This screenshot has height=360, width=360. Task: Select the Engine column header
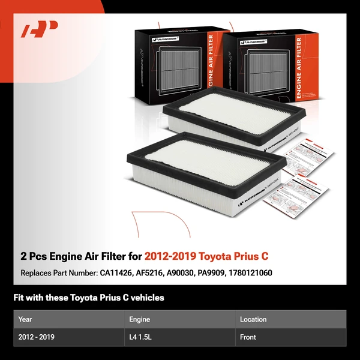point(139,319)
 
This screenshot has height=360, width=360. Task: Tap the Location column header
point(253,319)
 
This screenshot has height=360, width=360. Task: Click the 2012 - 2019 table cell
point(37,337)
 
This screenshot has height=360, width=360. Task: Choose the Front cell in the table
point(248,337)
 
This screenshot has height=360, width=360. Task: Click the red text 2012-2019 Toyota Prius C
point(206,256)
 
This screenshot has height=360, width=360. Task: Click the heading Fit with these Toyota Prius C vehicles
point(89,298)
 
